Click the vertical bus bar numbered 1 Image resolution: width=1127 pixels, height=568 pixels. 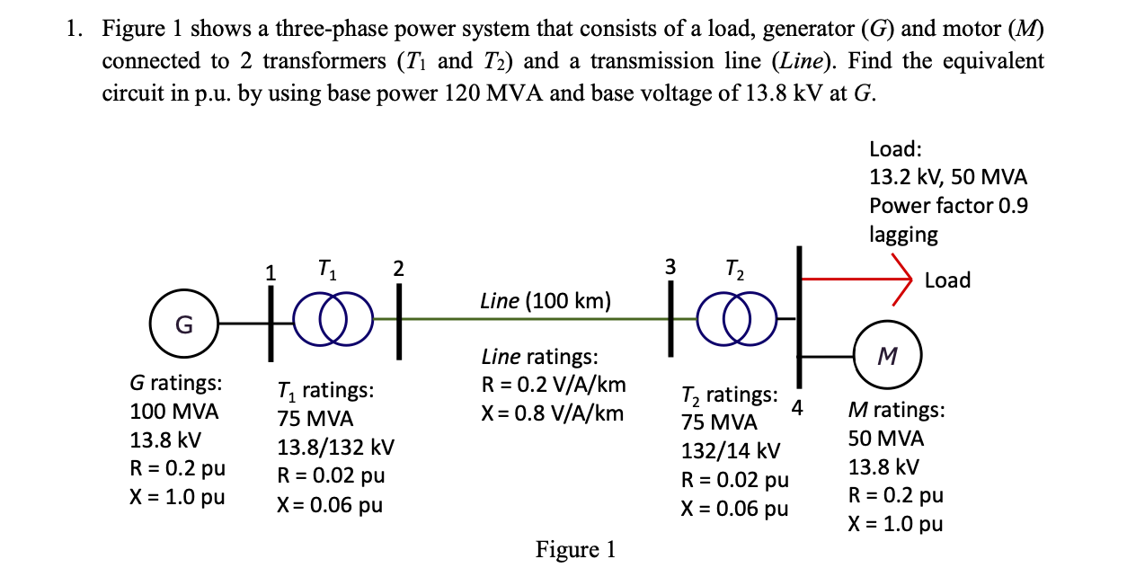pyautogui.click(x=271, y=324)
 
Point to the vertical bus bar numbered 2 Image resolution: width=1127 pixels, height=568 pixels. pyautogui.click(x=399, y=322)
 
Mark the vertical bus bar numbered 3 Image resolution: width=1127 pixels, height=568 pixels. pyautogui.click(x=670, y=318)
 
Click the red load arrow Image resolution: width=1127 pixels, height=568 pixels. pyautogui.click(x=856, y=279)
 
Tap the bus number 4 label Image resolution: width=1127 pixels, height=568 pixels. pyautogui.click(x=797, y=407)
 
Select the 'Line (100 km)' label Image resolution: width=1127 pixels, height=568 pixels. pyautogui.click(x=546, y=301)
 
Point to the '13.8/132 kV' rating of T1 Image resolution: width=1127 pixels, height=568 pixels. pyautogui.click(x=335, y=447)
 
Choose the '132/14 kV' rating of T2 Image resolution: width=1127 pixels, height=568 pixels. pyautogui.click(x=731, y=450)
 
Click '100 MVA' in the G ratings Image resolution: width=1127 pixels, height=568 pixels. pyautogui.click(x=174, y=412)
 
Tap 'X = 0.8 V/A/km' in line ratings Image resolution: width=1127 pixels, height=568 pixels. pyautogui.click(x=553, y=413)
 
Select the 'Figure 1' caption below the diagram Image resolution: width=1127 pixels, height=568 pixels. pyautogui.click(x=575, y=549)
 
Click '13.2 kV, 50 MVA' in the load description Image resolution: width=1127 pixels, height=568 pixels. pyautogui.click(x=948, y=177)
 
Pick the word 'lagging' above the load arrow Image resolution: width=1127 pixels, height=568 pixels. pyautogui.click(x=903, y=235)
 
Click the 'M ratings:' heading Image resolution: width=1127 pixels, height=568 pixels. pyautogui.click(x=897, y=410)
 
